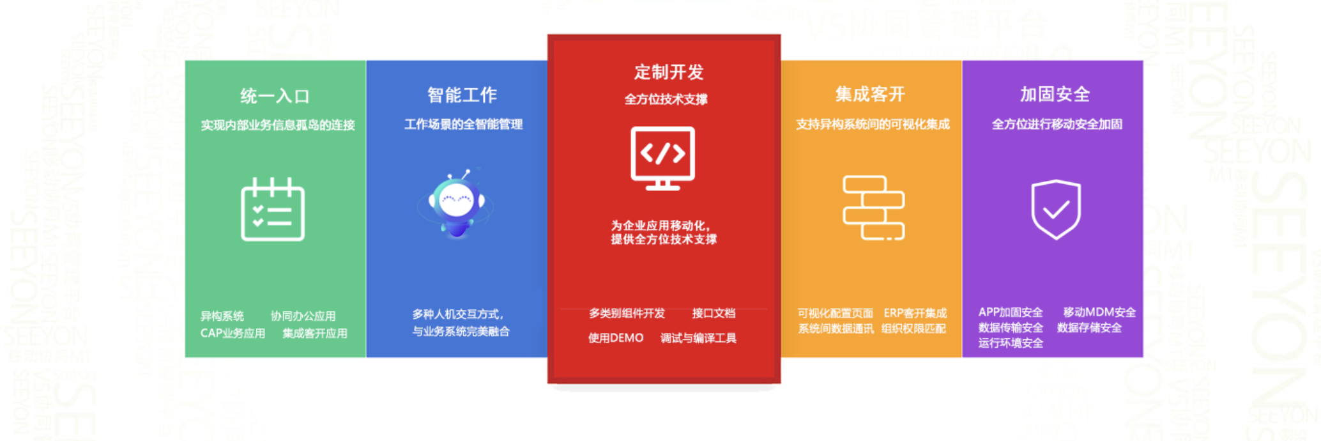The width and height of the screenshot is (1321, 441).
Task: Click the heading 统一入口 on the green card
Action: pos(275,97)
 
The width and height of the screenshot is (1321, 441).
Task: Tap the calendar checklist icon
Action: pos(273,209)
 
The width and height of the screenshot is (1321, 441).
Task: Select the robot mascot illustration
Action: pos(456,203)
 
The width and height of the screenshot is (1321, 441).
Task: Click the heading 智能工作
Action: pos(462,95)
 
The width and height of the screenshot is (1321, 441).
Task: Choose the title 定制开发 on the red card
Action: pos(668,72)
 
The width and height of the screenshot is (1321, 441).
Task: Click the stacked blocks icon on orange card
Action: pos(874,208)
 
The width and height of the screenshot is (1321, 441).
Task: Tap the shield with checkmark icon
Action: pos(1056,209)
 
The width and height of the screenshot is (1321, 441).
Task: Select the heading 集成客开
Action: pos(870,95)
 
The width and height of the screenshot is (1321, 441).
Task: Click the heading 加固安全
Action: pos(1055,95)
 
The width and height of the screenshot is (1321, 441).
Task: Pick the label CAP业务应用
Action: pos(233,334)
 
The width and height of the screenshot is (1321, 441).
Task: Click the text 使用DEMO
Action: pos(616,338)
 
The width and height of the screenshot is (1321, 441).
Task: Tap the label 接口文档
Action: pos(714,313)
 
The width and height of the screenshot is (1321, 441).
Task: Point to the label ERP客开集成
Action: pos(915,313)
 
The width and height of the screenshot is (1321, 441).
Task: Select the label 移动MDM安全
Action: pos(1099,312)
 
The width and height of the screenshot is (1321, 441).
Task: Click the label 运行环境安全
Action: pos(1011,343)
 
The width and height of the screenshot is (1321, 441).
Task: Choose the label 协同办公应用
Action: pos(303,316)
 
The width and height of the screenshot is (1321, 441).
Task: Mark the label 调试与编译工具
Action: pos(698,338)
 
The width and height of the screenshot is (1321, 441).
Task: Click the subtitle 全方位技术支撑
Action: pos(666,99)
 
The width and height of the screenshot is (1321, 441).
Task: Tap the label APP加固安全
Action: pos(1011,312)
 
